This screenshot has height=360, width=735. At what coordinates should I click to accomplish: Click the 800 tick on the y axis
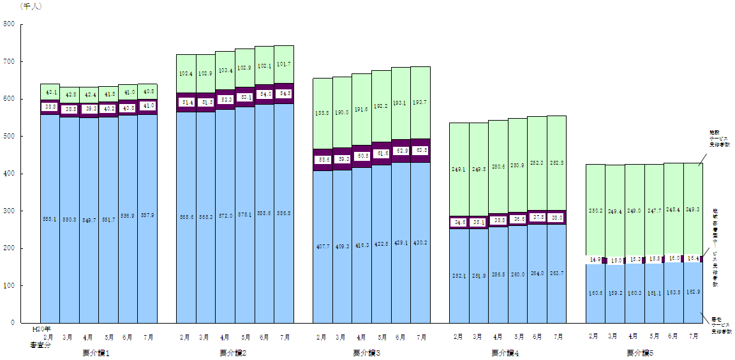pos(10,24)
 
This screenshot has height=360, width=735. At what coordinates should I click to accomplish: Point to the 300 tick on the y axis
pos(10,211)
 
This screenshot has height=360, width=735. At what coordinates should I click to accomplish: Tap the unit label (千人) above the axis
pos(31,6)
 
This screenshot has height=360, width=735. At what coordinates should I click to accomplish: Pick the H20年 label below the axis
pos(42,329)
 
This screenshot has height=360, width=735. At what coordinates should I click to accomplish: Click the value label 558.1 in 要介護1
pos(50,219)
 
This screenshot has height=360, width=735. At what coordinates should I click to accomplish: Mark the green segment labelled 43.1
pos(50,92)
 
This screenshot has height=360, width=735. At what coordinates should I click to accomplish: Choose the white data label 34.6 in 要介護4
pos(459,222)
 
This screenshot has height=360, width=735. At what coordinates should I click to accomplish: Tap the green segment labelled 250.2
pos(596,211)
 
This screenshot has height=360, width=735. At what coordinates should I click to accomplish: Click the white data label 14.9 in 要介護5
pos(595,260)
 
